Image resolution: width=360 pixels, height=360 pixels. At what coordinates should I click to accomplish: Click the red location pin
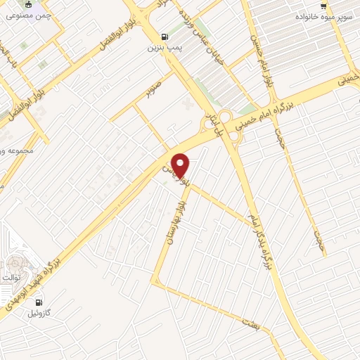(x=181, y=165)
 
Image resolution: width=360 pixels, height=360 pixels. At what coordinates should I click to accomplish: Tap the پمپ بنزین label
(x=164, y=49)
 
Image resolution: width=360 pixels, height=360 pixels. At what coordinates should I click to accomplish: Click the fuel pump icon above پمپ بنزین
(x=165, y=37)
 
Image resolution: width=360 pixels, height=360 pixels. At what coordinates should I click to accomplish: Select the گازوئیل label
(x=39, y=314)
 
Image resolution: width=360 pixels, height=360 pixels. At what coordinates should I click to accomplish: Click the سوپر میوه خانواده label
(x=321, y=15)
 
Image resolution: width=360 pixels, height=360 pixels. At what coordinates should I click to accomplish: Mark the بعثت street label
(x=248, y=324)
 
